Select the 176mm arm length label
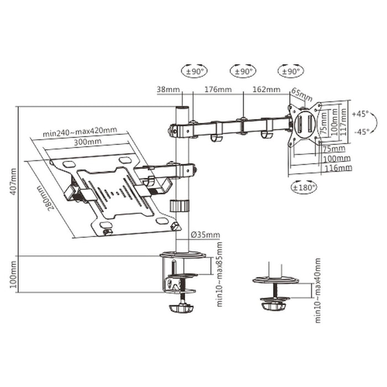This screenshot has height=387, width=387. [x=217, y=89]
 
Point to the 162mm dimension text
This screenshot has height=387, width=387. [x=266, y=89]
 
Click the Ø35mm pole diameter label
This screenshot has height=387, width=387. [x=205, y=234]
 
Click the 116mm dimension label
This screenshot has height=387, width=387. [x=337, y=167]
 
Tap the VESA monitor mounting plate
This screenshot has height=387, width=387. [x=304, y=124]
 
